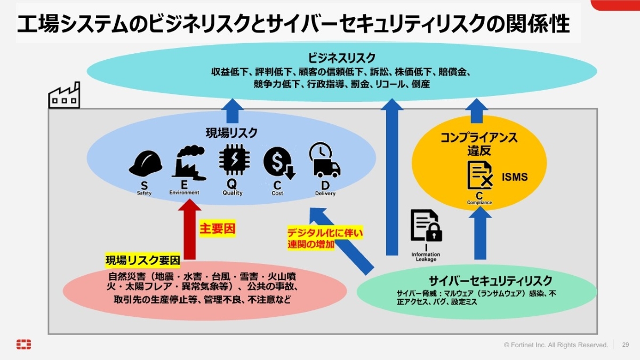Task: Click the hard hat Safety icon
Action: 146,163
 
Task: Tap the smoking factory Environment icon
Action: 189,163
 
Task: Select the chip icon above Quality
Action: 234,159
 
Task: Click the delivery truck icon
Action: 325,160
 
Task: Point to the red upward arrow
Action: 189,229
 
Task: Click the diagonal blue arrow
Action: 341,241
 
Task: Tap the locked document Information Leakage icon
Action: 426,226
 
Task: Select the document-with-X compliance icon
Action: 480,175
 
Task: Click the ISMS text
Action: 515,177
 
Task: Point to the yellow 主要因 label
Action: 218,229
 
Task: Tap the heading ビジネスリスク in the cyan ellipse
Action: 341,58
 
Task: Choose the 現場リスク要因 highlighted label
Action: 143,260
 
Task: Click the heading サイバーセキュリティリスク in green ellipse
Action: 491,281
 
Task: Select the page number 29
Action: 626,345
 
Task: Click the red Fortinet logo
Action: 23,345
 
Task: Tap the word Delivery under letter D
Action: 325,194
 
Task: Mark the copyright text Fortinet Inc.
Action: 528,345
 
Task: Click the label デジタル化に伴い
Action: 325,233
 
